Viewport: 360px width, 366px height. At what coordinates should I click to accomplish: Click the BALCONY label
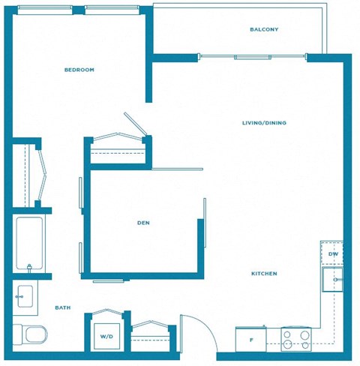(x=264, y=30)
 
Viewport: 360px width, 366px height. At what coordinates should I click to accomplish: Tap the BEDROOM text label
(x=79, y=70)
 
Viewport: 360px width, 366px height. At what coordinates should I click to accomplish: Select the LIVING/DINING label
(x=264, y=123)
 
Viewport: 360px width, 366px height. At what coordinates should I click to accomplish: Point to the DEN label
(x=144, y=223)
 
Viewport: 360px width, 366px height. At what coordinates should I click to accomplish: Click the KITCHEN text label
(x=264, y=274)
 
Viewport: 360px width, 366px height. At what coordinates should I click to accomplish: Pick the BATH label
(x=63, y=308)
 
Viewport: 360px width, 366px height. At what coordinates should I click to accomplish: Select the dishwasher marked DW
(x=332, y=254)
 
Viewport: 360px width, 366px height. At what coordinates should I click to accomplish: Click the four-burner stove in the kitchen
(x=296, y=339)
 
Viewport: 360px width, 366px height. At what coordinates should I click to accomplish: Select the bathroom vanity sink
(x=27, y=296)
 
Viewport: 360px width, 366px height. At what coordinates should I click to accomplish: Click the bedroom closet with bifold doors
(x=28, y=174)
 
